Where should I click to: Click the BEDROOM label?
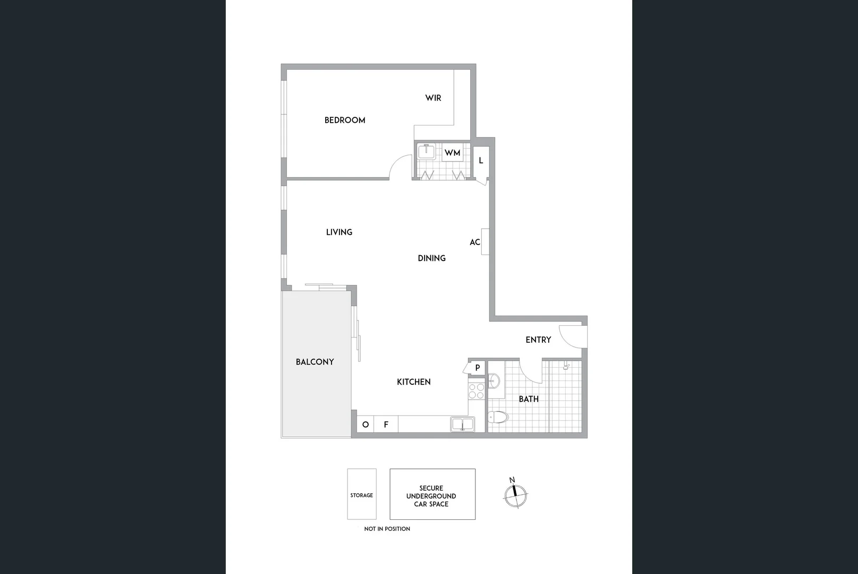point(345,120)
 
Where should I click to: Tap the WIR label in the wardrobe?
point(433,98)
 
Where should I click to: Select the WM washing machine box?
point(453,153)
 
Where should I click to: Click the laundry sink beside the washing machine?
point(426,152)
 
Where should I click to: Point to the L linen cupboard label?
point(481,160)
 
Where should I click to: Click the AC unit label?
point(475,242)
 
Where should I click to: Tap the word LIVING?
point(339,232)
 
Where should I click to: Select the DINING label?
point(431,258)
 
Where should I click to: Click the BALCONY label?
point(315,362)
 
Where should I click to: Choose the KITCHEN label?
point(413,382)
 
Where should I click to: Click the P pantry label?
point(478,368)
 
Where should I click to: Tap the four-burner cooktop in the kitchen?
point(476,391)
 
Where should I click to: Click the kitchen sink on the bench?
point(462,424)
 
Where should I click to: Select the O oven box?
point(366,424)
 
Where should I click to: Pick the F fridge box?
point(386,424)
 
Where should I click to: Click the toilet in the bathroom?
point(498,418)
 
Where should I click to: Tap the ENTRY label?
point(538,340)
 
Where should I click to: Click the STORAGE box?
point(362,494)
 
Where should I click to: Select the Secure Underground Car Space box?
point(432,494)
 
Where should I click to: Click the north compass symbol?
point(515,494)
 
